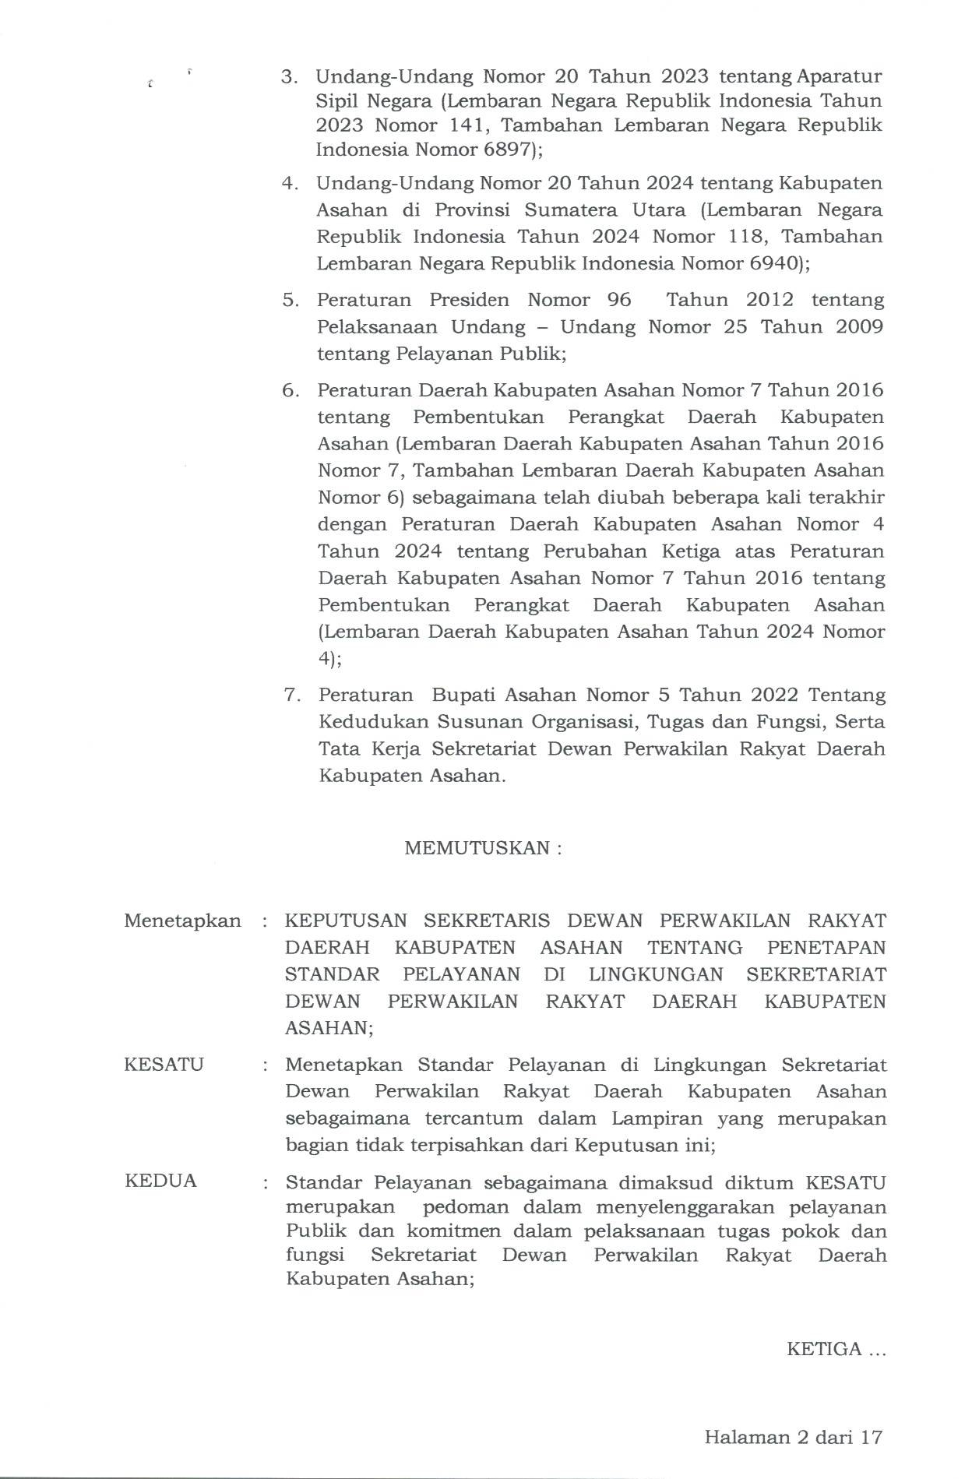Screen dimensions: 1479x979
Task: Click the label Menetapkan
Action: (x=182, y=921)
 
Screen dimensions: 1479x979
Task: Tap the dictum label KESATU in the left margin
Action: (x=164, y=1065)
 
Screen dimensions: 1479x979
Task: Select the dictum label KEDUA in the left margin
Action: (x=160, y=1181)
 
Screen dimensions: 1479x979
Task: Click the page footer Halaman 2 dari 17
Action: (x=793, y=1437)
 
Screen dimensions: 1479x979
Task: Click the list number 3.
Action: (x=290, y=77)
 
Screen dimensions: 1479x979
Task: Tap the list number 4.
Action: (x=291, y=184)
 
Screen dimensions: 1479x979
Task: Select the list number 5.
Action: (x=291, y=301)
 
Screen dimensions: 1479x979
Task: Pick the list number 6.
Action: (x=291, y=390)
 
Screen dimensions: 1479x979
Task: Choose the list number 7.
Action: (x=291, y=695)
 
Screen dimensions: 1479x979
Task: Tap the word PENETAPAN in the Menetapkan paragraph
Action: (x=826, y=948)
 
